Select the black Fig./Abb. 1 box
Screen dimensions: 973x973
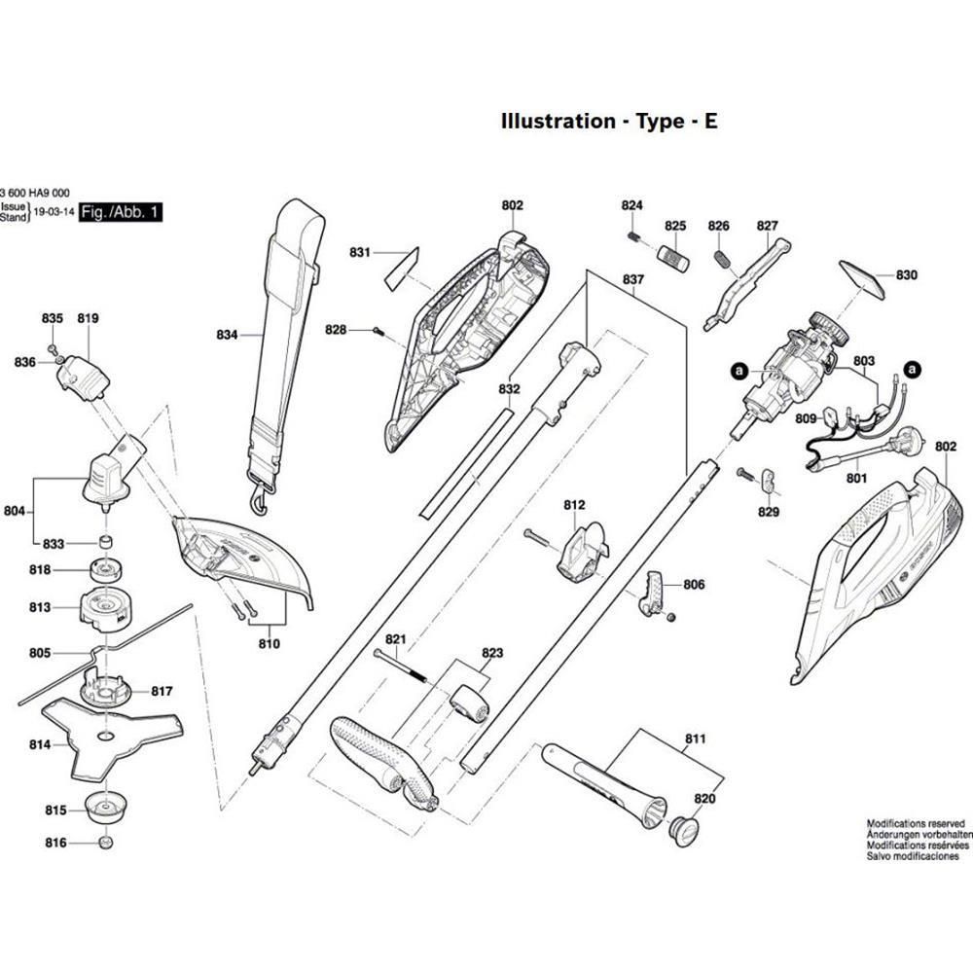(122, 212)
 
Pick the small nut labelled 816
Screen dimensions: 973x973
(106, 843)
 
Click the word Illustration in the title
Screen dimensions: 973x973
(558, 122)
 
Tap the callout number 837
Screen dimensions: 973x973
(633, 280)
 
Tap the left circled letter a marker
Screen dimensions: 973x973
(739, 370)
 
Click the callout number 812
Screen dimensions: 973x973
(574, 505)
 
